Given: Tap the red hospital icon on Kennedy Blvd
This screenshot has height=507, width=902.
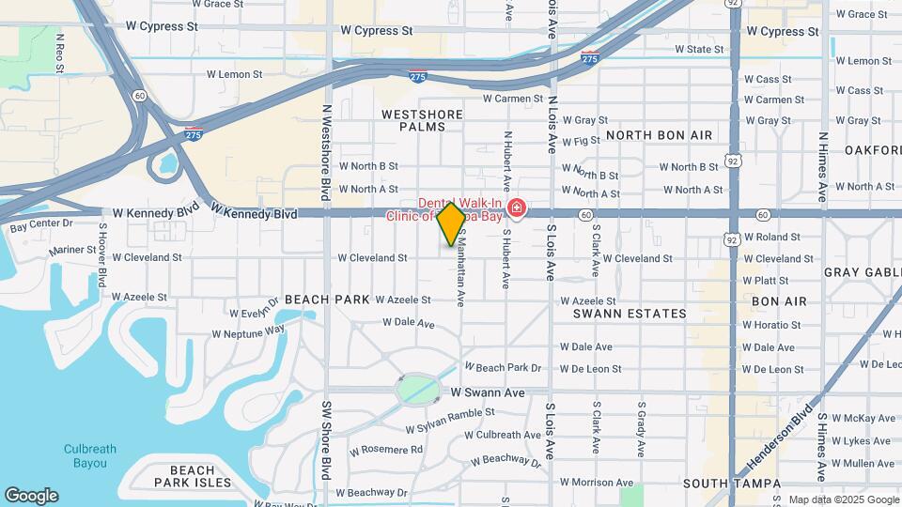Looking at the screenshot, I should (516, 207).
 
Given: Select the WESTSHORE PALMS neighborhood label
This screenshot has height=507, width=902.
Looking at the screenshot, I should (422, 120).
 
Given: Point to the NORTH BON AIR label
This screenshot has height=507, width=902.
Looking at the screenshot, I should (659, 135).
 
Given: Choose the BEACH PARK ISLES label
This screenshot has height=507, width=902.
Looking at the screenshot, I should (200, 476).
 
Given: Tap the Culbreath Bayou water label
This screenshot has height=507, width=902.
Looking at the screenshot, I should (90, 455).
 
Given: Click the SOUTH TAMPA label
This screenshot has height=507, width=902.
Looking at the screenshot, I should (732, 484).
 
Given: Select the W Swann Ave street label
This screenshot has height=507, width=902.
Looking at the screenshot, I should (487, 392).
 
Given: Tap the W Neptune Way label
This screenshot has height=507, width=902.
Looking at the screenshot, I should (248, 332).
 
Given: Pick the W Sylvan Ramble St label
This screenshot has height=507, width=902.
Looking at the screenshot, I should (450, 422).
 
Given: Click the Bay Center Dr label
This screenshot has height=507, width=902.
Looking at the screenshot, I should (41, 225).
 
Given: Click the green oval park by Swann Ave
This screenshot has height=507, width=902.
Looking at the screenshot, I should (419, 388).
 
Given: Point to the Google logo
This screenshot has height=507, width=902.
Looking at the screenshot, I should (31, 496).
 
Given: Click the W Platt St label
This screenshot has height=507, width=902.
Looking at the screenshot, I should (765, 280).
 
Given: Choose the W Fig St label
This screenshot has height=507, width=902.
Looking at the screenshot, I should (581, 141).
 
